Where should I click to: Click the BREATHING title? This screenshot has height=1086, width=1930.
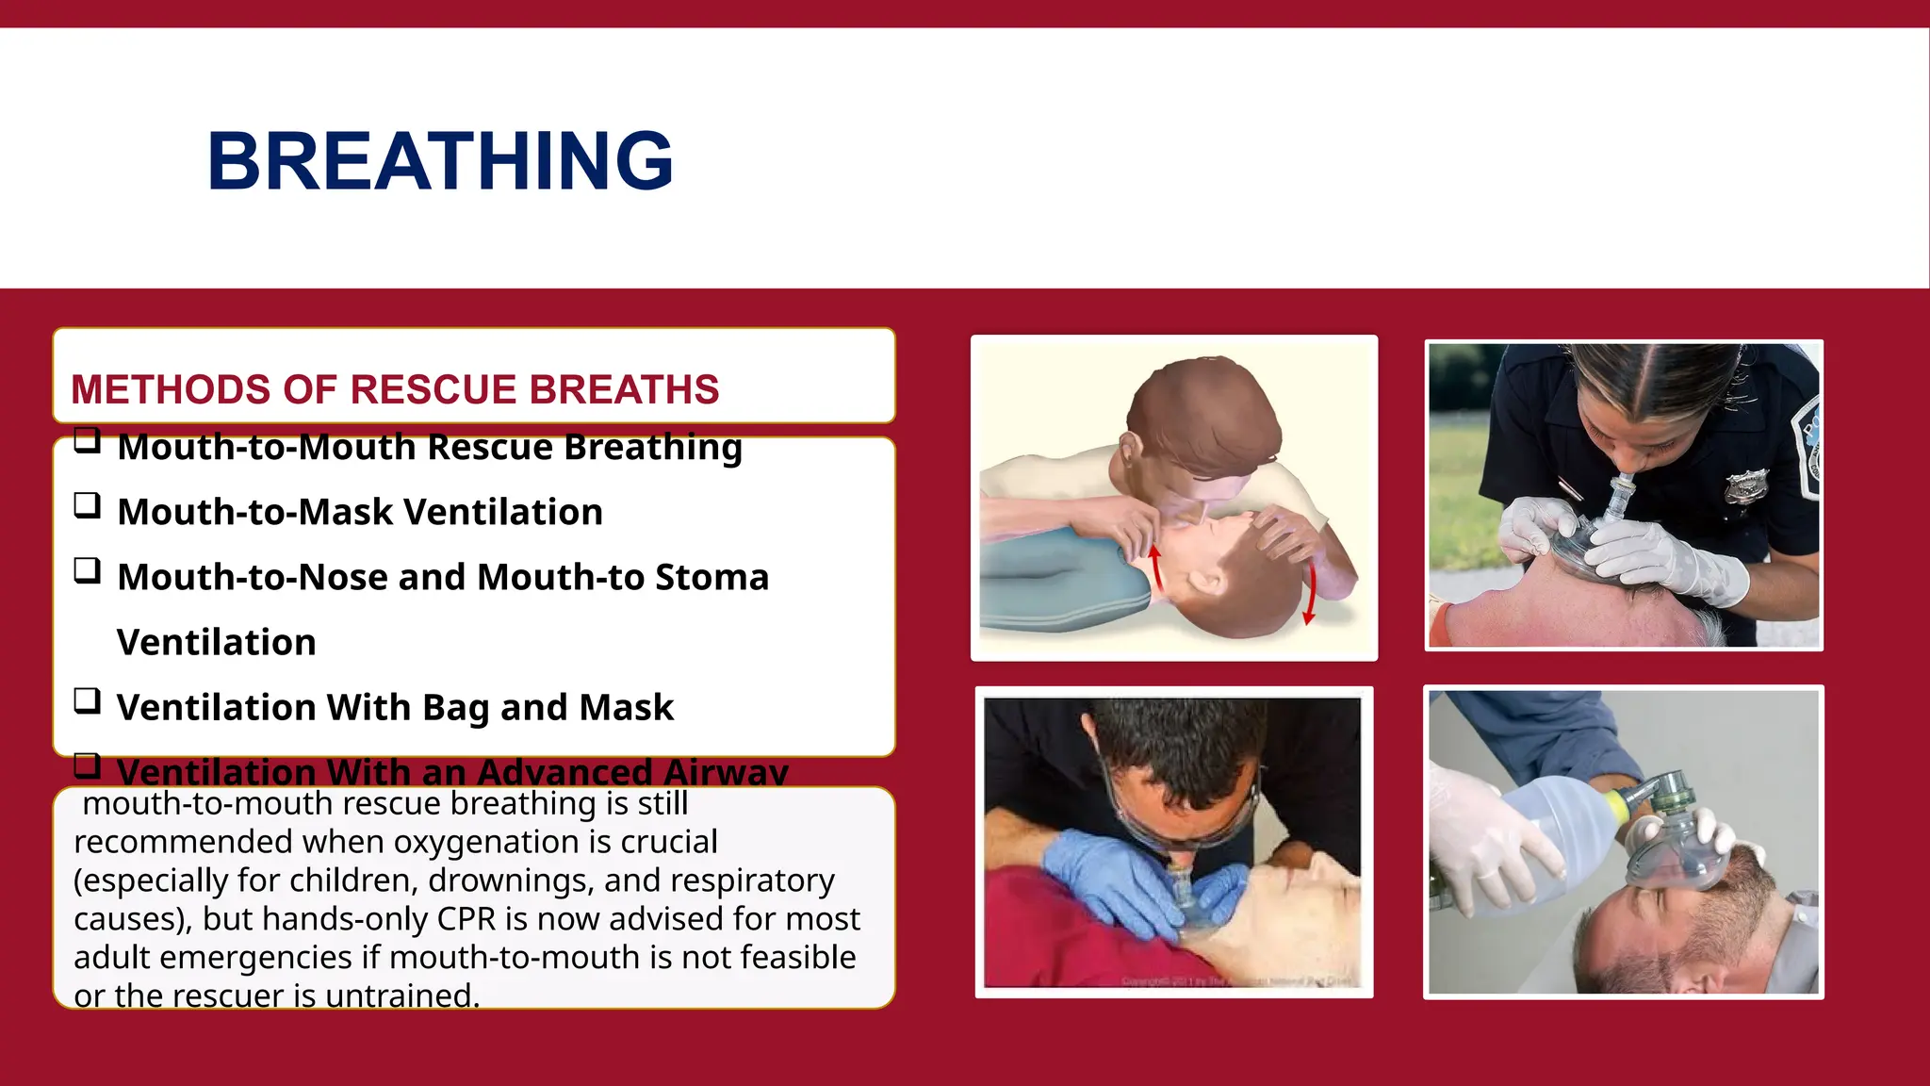pos(440,161)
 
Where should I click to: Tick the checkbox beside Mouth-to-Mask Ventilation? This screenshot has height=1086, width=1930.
pos(88,506)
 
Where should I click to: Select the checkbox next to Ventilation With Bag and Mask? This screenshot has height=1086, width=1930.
pos(88,701)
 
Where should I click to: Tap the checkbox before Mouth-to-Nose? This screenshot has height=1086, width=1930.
pos(88,571)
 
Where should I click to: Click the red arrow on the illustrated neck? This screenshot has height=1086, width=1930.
pos(1154,566)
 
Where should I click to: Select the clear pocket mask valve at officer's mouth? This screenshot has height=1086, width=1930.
pos(1621,500)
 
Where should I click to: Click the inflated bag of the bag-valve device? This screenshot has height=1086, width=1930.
pos(1546,839)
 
